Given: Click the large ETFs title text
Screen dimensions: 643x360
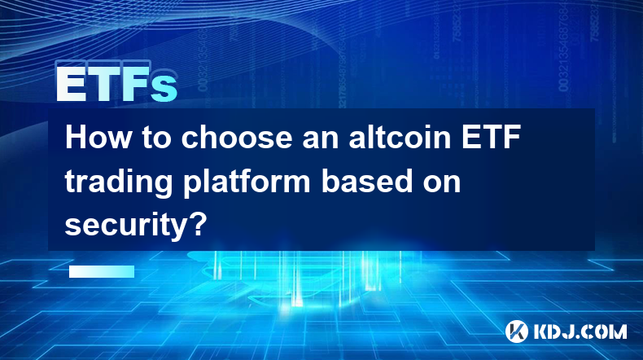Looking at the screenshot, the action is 116,84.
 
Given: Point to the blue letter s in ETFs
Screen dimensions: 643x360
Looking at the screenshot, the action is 164,89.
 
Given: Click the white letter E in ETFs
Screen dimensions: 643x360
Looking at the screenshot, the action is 71,84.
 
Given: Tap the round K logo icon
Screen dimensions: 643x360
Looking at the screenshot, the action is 517,331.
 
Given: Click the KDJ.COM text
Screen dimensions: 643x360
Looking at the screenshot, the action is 580,331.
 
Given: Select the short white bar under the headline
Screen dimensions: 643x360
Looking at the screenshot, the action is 102,271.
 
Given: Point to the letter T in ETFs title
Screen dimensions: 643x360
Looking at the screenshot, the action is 103,84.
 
